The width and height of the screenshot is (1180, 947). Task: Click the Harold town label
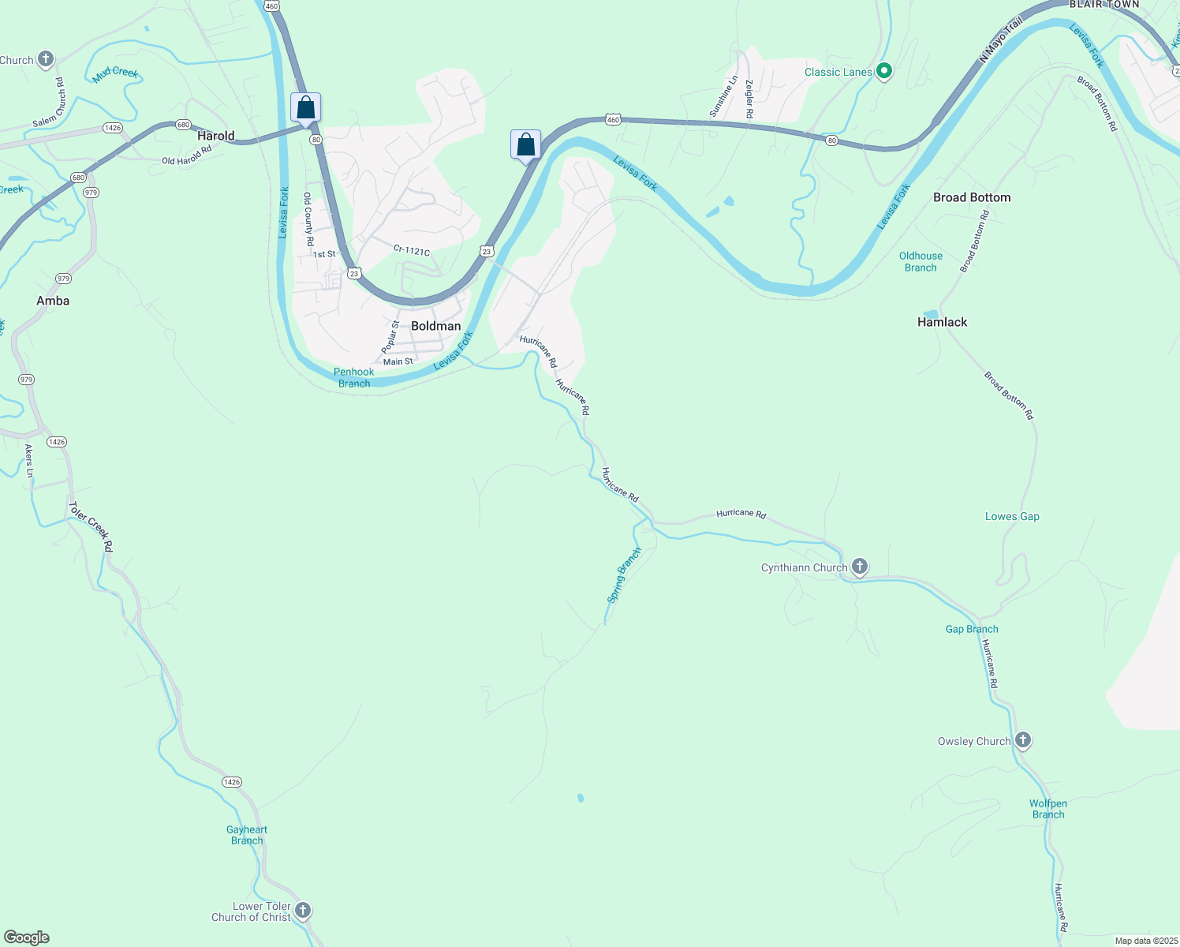coord(215,136)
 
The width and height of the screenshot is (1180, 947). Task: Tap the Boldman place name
coord(435,326)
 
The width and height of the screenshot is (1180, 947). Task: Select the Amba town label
coord(53,301)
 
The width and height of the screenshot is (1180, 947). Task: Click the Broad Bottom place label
coord(971,197)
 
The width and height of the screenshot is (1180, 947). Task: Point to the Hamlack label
coord(942,322)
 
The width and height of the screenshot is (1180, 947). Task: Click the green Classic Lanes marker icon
coord(884,71)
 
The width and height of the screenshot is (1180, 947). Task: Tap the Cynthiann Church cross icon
coord(860,566)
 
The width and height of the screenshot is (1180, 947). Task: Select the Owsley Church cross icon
coord(1023,739)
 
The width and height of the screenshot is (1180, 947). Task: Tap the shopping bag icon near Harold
coord(305,107)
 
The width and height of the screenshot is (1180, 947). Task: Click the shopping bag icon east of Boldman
coord(525,144)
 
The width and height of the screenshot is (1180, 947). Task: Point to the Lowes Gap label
coord(1012,516)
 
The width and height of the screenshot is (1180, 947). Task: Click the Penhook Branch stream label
coord(353,377)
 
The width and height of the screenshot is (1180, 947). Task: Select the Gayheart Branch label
coord(247,835)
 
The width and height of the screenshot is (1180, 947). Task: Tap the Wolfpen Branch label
coord(1047,809)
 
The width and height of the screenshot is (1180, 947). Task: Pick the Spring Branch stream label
coord(624,575)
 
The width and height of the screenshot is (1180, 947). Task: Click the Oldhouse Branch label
coord(920,261)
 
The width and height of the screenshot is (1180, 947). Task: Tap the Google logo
coord(27,938)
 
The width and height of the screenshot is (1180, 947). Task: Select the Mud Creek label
coord(115,73)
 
